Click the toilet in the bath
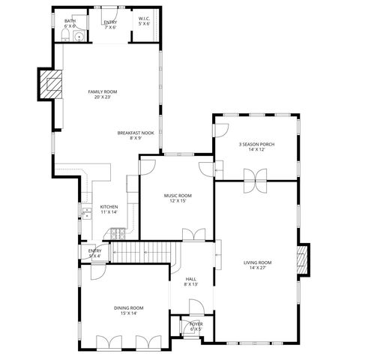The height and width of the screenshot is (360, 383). [x=65, y=36]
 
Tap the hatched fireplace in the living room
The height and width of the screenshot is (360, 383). [x=303, y=259]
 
